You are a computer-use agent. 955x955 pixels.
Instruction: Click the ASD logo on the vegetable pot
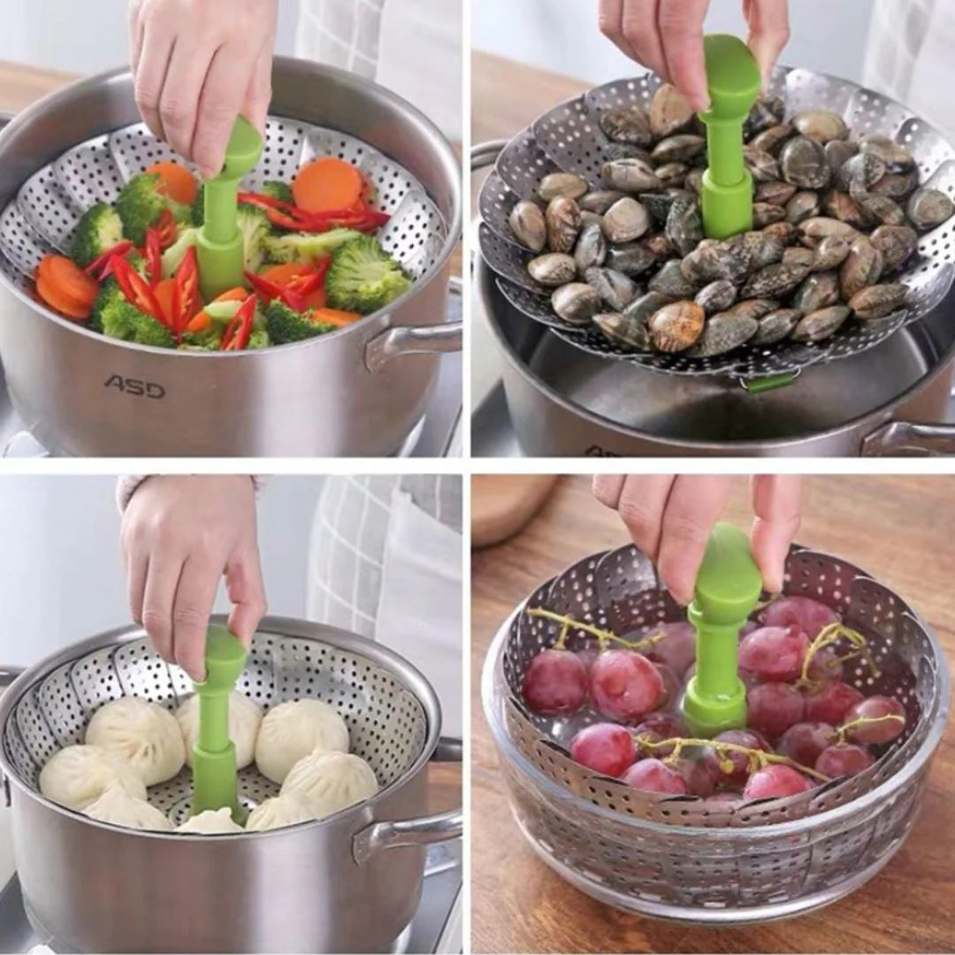(134, 386)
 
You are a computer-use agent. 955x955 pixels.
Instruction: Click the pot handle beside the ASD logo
(412, 344)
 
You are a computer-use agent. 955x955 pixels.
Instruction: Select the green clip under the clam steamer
(770, 383)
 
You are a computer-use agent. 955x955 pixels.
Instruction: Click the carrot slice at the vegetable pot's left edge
(65, 286)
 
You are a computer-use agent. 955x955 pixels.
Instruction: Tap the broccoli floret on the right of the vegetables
(365, 274)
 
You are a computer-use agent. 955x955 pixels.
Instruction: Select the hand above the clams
(688, 42)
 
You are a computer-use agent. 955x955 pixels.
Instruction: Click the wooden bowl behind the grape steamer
(515, 508)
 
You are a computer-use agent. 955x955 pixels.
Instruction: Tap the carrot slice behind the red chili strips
(328, 185)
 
